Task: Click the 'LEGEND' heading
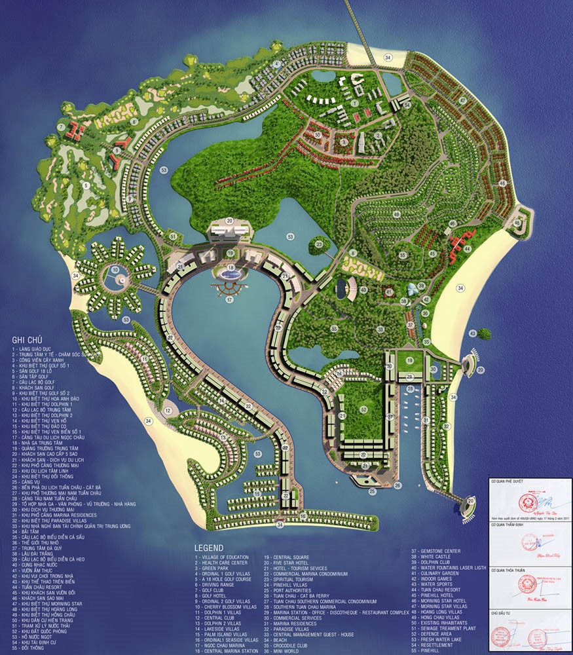click(208, 548)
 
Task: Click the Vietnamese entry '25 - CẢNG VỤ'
click(26, 481)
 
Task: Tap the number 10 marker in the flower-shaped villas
click(114, 269)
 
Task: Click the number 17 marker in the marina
click(229, 299)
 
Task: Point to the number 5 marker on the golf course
click(85, 185)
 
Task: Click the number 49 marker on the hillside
click(396, 214)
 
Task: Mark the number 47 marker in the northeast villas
click(462, 100)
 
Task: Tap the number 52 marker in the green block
click(363, 409)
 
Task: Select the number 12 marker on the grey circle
click(168, 411)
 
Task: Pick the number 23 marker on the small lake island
click(319, 244)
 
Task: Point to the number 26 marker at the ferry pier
click(397, 485)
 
